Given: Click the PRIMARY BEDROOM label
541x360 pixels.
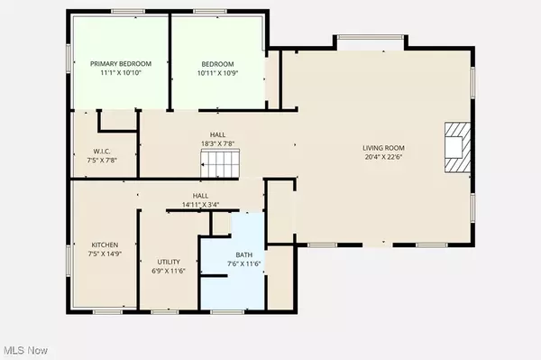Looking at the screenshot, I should [120, 63].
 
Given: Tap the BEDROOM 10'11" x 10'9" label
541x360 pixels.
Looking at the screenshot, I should [217, 63].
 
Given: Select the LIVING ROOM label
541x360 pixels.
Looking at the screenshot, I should [383, 147].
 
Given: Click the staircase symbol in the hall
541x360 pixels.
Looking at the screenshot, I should [218, 164].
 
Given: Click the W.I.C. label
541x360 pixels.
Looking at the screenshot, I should [101, 151].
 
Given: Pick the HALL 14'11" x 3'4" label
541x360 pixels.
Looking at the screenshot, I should [200, 195].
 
